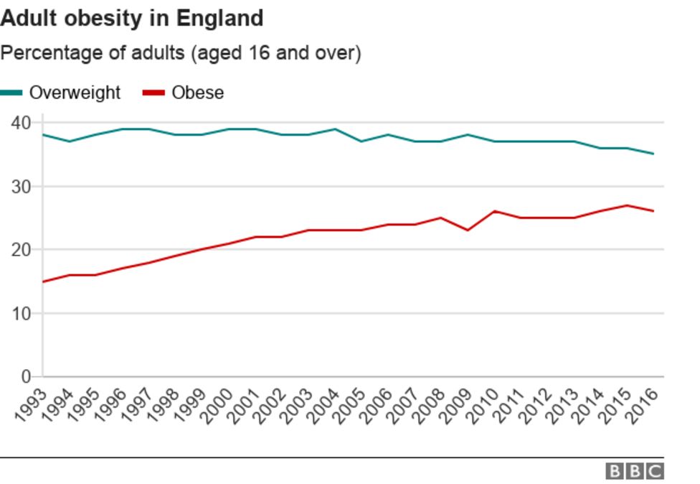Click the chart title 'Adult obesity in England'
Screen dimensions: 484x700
click(x=132, y=18)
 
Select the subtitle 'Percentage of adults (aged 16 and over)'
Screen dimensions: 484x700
click(x=180, y=53)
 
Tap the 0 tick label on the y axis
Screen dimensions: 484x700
click(x=26, y=376)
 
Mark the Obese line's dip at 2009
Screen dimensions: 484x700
click(x=468, y=230)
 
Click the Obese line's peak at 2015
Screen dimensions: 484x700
click(x=628, y=205)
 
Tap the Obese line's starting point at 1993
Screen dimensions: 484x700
click(x=43, y=281)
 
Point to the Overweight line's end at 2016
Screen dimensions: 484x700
click(x=653, y=154)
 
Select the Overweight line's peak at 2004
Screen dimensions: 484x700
click(x=334, y=129)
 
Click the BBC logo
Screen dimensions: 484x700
click(x=635, y=471)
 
